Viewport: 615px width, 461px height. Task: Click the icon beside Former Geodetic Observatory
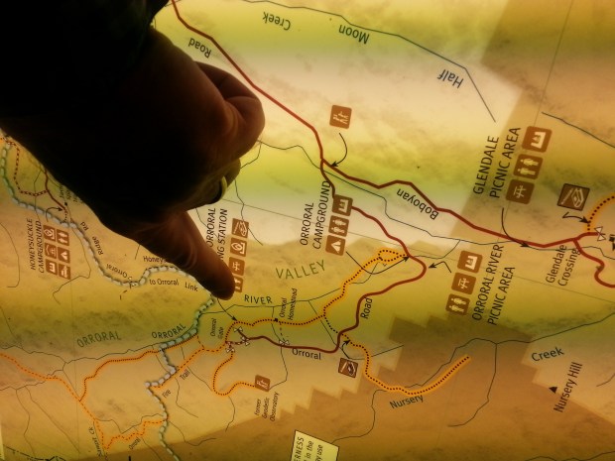click(262, 380)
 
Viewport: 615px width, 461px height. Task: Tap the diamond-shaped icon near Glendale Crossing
click(572, 196)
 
